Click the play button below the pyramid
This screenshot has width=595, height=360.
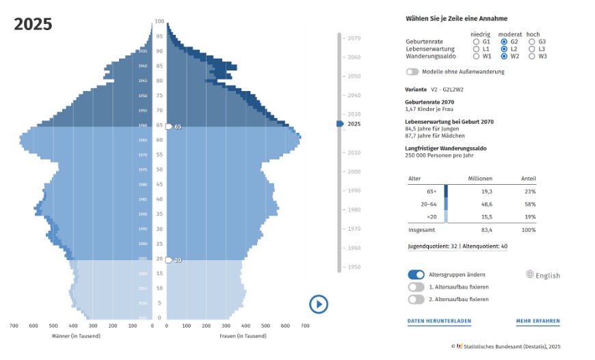click(x=319, y=304)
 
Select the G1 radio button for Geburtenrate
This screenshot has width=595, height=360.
click(x=476, y=42)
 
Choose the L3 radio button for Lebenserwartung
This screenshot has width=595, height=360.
click(x=532, y=49)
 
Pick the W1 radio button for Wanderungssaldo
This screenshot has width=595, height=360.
click(x=476, y=56)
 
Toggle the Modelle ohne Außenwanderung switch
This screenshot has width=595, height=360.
click(x=412, y=71)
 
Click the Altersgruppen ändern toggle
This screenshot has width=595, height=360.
click(x=416, y=274)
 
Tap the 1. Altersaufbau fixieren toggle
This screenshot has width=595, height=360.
click(x=416, y=287)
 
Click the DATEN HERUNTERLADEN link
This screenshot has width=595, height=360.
click(x=439, y=321)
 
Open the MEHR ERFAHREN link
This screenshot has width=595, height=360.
click(x=538, y=321)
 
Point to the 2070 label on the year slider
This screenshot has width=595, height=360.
click(x=354, y=38)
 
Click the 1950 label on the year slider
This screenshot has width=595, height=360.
click(x=354, y=267)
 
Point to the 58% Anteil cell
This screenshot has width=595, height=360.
click(x=529, y=205)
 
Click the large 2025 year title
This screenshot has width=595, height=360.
click(x=33, y=25)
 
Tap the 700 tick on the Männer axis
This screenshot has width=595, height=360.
click(x=14, y=326)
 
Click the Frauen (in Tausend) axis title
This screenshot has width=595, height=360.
click(x=243, y=336)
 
